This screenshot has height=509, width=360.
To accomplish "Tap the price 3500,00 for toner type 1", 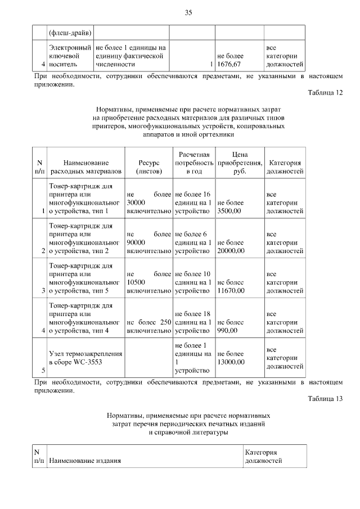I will (230, 206).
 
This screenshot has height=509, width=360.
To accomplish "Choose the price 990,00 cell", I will (231, 326).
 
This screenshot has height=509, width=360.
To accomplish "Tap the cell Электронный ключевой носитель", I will (70, 56).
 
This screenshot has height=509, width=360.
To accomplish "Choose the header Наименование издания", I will (85, 461).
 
